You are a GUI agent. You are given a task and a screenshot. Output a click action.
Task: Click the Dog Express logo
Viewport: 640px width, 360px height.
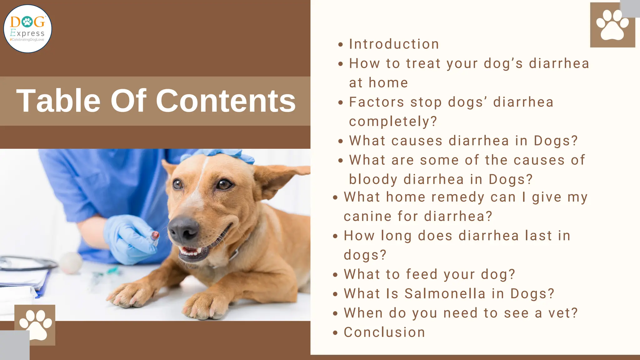[27, 29]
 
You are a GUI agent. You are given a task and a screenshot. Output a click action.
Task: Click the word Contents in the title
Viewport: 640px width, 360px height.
[226, 101]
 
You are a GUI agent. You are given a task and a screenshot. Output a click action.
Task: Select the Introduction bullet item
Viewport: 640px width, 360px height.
[394, 44]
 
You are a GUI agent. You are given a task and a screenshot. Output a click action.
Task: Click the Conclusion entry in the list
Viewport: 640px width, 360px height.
[384, 332]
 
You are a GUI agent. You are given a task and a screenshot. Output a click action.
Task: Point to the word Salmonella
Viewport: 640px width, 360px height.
[445, 294]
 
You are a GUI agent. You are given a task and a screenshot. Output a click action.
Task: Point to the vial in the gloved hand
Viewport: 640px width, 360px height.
[155, 237]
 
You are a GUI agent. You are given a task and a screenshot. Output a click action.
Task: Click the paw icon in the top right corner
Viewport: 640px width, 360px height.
[612, 25]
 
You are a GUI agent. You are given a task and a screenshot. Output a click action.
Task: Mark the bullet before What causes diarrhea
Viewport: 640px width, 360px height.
[341, 141]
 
